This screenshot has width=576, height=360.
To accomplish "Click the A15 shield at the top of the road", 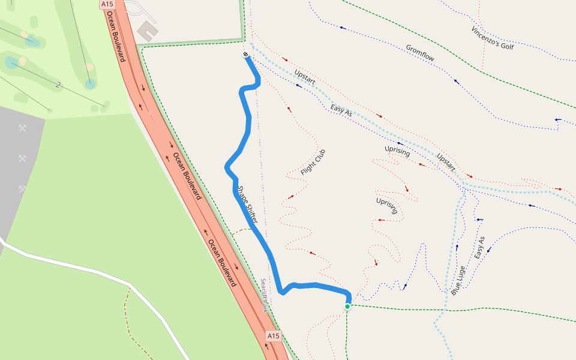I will [107, 4].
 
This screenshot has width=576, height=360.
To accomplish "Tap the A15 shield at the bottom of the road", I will [273, 336].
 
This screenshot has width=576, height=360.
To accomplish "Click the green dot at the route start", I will [347, 307].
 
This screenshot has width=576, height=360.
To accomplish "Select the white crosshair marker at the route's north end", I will [245, 55].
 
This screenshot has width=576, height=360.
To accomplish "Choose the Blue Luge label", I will [458, 280].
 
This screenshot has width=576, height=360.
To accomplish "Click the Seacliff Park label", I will [263, 295].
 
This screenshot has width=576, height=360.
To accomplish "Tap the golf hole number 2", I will [58, 85].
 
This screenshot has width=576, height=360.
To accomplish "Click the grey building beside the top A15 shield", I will [146, 31].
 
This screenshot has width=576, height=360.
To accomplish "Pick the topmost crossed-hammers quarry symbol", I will [23, 128].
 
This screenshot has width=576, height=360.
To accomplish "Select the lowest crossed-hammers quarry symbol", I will [22, 189].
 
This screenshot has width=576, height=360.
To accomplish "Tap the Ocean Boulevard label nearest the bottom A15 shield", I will [222, 263].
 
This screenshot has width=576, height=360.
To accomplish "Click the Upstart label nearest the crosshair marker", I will [305, 76].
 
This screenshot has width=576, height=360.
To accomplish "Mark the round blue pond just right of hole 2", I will [90, 84].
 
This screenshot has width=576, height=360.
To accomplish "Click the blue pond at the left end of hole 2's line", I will [11, 62].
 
